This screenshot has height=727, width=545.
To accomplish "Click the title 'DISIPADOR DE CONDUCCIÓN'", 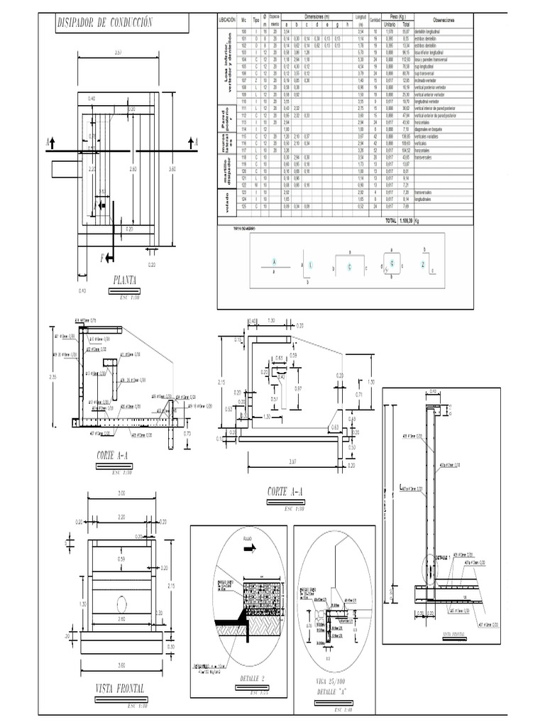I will [105, 23].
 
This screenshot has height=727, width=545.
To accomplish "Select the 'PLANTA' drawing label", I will [124, 279].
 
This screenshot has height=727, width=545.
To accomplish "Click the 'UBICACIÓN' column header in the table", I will [228, 21].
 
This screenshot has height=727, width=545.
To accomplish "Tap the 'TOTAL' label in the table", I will [391, 221].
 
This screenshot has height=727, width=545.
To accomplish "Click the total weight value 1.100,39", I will [409, 221].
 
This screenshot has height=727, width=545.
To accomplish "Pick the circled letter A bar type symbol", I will [273, 261].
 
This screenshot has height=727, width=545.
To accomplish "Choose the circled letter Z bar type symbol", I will [424, 263].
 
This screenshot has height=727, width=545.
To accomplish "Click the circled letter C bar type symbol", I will [349, 266].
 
